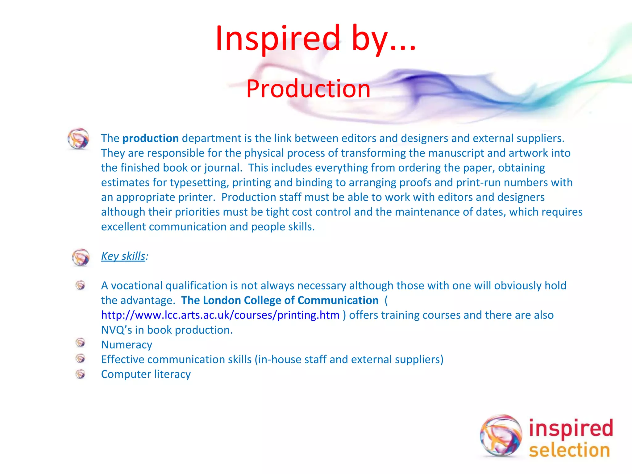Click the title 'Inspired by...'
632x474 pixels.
[315, 39]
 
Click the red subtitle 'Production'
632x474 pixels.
[308, 89]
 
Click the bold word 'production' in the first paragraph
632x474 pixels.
[150, 138]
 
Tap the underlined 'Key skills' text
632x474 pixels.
[123, 256]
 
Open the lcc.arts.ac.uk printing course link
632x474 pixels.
[220, 315]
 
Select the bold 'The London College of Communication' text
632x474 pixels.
[280, 300]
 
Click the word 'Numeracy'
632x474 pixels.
[127, 345]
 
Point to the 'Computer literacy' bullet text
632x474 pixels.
[146, 374]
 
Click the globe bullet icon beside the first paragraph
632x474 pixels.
[78, 139]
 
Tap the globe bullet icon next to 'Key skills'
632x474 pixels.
[81, 257]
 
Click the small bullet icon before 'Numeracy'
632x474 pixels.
[80, 343]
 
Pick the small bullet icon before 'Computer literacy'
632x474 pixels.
[80, 374]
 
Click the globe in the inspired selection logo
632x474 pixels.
[501, 435]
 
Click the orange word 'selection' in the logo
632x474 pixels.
[569, 450]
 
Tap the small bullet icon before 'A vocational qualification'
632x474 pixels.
[80, 285]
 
